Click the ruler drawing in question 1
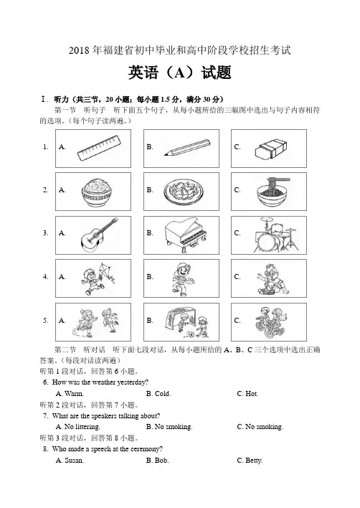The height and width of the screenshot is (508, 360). [100, 148]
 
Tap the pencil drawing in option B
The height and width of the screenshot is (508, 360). [187, 147]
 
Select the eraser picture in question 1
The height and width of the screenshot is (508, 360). [271, 149]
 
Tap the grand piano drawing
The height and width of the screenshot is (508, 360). [185, 235]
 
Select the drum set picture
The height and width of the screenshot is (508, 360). [277, 235]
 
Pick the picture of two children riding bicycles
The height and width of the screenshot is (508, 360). [270, 321]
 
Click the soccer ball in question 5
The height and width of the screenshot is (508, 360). [191, 334]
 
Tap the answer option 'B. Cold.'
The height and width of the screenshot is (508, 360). [158, 394]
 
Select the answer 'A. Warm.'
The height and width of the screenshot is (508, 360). [70, 394]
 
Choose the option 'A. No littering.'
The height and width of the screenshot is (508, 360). [78, 427]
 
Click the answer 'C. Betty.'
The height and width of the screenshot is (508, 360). [250, 461]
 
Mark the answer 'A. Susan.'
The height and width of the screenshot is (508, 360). [70, 461]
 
